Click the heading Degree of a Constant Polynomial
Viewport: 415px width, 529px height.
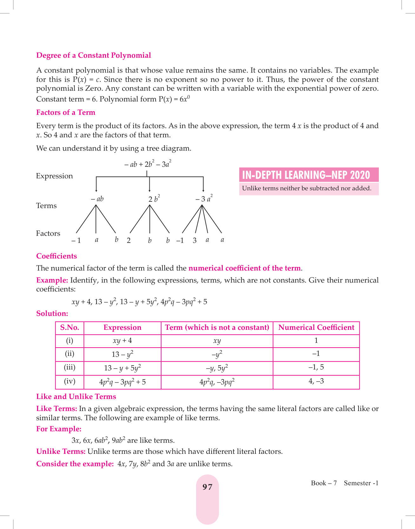(x=94, y=56)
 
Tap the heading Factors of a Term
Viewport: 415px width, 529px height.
(x=66, y=113)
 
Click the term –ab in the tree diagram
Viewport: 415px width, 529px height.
(x=97, y=199)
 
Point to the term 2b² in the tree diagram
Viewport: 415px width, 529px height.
(x=154, y=199)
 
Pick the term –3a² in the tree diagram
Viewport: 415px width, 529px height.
(x=204, y=199)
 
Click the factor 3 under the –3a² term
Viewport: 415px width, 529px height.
(x=194, y=240)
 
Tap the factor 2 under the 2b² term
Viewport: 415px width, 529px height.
(x=128, y=240)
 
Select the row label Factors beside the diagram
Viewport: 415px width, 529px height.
(x=48, y=233)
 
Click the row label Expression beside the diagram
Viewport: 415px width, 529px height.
(x=54, y=176)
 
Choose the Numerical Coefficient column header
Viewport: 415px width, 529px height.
(x=316, y=328)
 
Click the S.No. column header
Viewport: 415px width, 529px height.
(x=69, y=328)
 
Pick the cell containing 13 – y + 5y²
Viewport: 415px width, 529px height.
(x=122, y=368)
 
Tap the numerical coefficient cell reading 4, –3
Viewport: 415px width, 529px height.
(x=316, y=381)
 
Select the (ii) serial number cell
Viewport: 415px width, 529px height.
(x=69, y=354)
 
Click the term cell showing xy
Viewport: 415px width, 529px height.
(x=217, y=341)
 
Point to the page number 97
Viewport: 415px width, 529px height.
(x=207, y=487)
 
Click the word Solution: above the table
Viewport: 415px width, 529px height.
(x=52, y=314)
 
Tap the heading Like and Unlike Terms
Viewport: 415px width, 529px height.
(x=76, y=397)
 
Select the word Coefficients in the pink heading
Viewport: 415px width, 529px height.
(x=56, y=256)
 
